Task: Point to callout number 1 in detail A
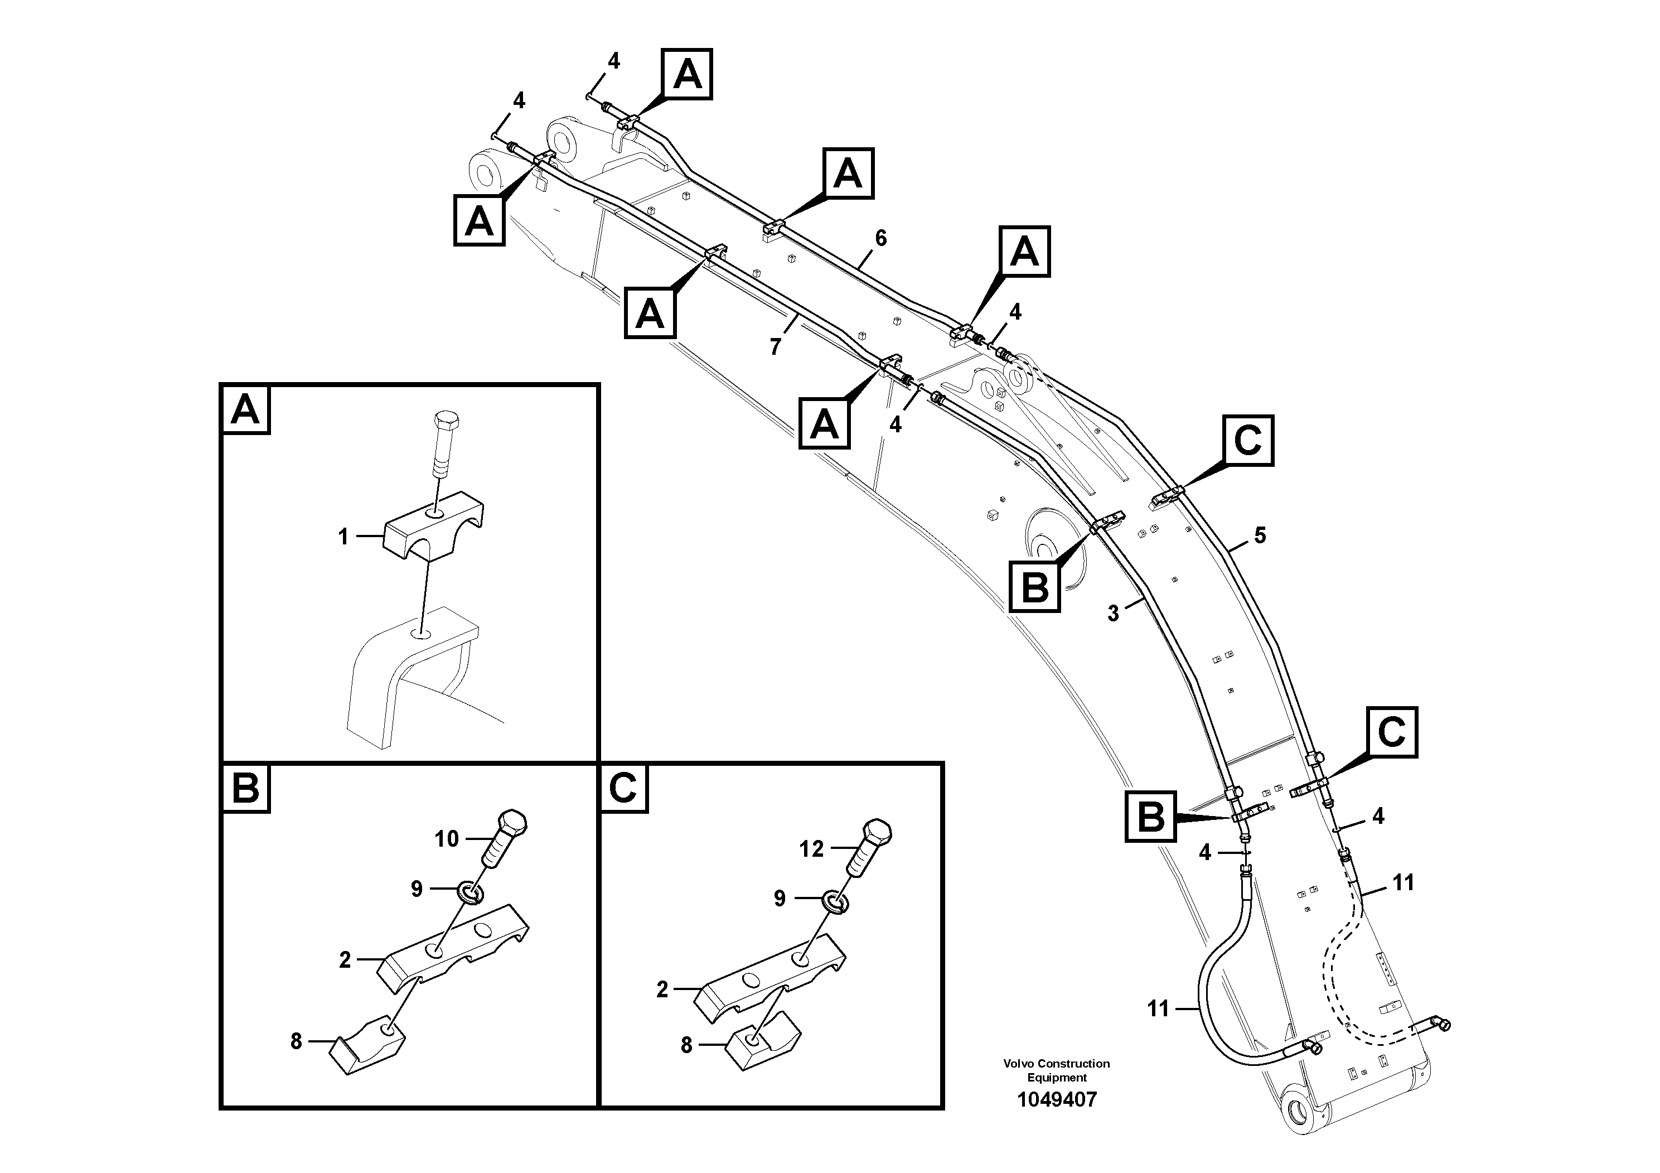pyautogui.click(x=343, y=537)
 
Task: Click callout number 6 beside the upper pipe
pyautogui.click(x=880, y=238)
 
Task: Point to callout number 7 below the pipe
pyautogui.click(x=775, y=347)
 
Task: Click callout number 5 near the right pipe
pyautogui.click(x=1260, y=536)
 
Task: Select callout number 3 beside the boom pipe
pyautogui.click(x=1112, y=613)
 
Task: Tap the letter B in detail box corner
pyautogui.click(x=245, y=788)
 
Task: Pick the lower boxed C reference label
pyautogui.click(x=1391, y=732)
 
